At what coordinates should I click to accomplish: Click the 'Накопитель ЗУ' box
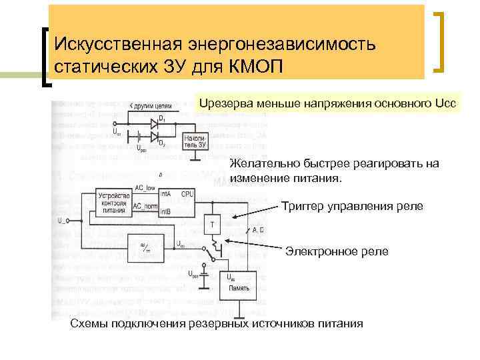[x=194, y=139]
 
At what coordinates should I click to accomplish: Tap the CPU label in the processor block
[x=187, y=193]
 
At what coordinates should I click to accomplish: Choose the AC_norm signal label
[x=146, y=207]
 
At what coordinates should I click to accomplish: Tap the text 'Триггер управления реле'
[x=351, y=206]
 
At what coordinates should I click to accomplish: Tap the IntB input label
[x=165, y=212]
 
